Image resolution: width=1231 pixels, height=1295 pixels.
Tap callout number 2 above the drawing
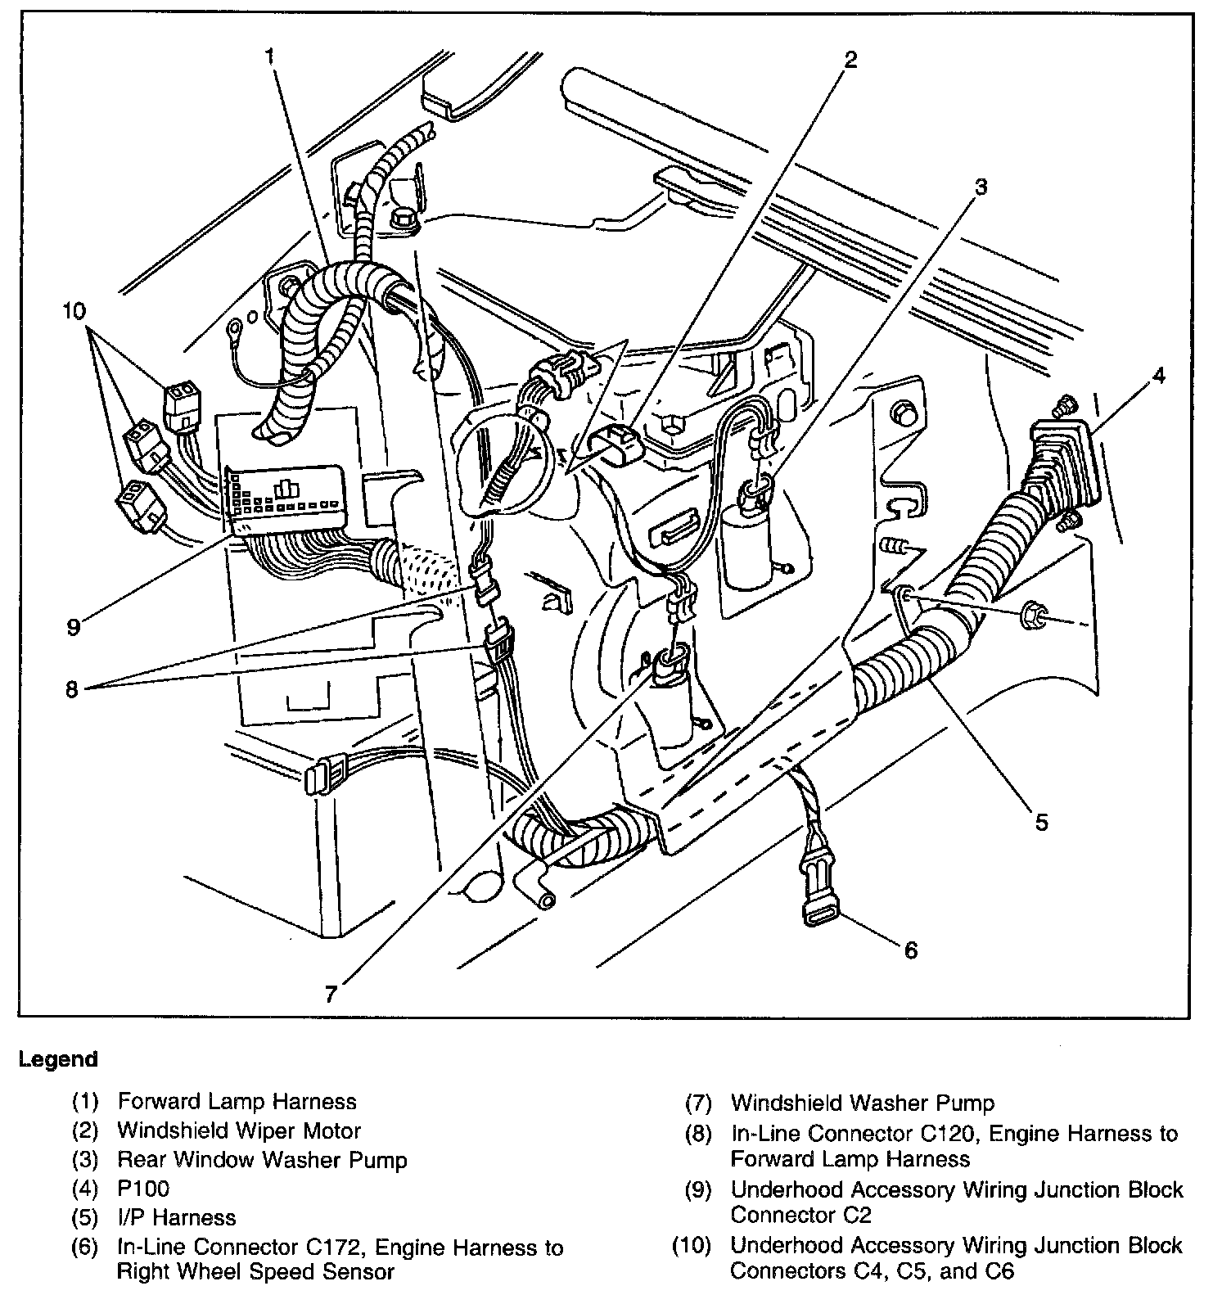tap(851, 59)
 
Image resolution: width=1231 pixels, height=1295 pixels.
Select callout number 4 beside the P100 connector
tap(1157, 376)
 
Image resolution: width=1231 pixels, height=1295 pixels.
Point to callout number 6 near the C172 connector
tap(910, 950)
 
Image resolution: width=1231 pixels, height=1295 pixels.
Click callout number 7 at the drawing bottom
tap(331, 994)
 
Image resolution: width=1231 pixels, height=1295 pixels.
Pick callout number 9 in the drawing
tap(74, 627)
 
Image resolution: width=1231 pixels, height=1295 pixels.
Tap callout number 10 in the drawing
tap(74, 311)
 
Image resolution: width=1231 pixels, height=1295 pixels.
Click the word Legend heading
tap(58, 1058)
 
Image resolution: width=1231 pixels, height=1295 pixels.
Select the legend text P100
tap(143, 1188)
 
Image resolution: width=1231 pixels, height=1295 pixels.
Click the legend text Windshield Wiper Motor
tap(239, 1130)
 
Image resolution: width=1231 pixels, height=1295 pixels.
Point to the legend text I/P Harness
tap(177, 1217)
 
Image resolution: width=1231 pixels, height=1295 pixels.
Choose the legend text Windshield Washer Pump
tap(863, 1103)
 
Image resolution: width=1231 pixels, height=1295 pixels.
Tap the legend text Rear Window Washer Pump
tap(262, 1159)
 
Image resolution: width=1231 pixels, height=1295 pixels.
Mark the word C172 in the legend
tap(332, 1248)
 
